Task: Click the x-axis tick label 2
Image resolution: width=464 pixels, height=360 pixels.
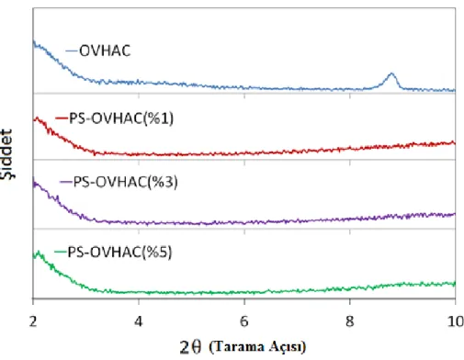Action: (33, 321)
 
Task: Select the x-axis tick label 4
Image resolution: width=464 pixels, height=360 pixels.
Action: (139, 321)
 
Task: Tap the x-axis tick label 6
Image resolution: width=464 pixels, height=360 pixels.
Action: (244, 321)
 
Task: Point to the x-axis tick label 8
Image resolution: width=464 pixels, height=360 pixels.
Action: (350, 321)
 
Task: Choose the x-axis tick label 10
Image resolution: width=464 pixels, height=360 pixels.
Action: (456, 321)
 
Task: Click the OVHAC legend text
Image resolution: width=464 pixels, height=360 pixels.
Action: (105, 51)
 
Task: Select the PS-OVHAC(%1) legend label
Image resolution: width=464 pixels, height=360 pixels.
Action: (121, 118)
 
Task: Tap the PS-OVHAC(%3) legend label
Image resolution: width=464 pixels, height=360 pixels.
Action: (126, 182)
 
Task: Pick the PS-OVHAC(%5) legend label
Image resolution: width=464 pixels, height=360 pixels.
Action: (119, 253)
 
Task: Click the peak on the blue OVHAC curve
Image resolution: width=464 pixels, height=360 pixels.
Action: (391, 73)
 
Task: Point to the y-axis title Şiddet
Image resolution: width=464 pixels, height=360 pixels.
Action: (6, 154)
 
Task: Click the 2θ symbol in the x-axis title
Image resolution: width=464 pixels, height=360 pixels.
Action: (190, 347)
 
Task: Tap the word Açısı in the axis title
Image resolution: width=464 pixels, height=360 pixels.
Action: (288, 347)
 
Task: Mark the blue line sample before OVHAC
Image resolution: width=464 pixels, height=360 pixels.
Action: (72, 51)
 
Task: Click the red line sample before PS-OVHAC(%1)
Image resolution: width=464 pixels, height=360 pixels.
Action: (62, 118)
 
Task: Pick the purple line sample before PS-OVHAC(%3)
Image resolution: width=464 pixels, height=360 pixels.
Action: (66, 182)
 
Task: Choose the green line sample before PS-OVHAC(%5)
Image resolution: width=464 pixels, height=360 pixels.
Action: (61, 253)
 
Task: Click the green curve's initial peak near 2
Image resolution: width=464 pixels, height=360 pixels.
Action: (39, 252)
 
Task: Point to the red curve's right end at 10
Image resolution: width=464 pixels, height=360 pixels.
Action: (455, 143)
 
